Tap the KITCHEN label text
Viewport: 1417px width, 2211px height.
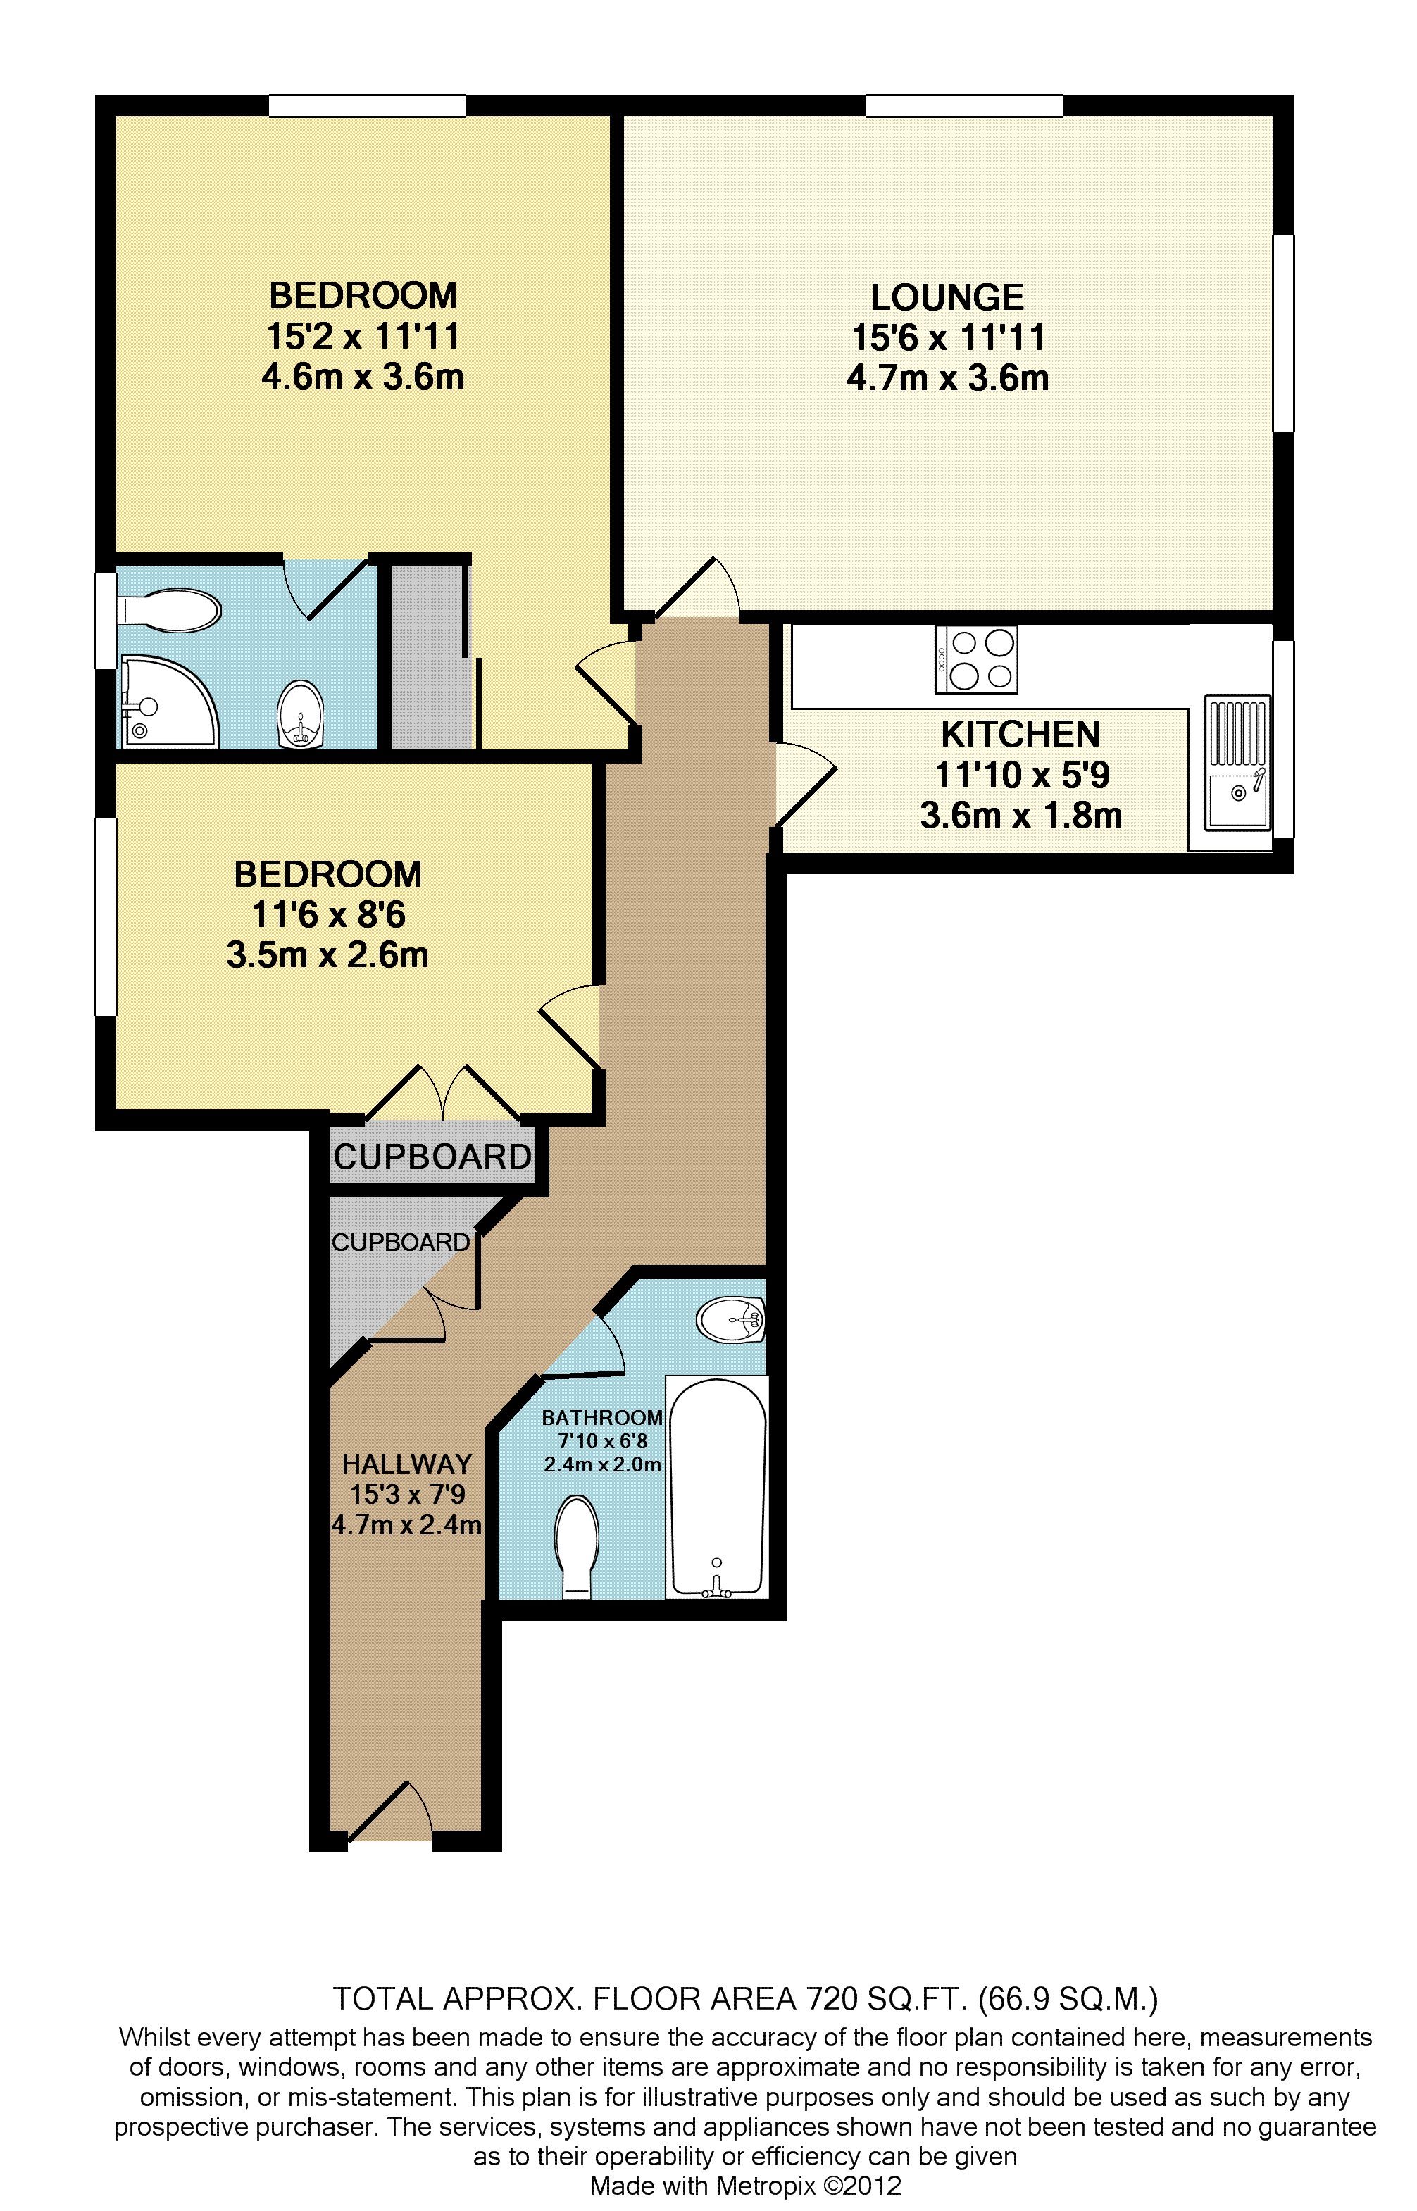1020,734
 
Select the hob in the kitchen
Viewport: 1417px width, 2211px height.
976,659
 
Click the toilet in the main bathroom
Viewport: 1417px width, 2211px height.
577,1546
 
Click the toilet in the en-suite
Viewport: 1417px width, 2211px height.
171,610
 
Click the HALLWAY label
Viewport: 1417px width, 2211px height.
406,1463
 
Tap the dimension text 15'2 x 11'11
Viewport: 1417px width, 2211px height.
363,337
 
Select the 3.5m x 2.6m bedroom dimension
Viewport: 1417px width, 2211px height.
327,955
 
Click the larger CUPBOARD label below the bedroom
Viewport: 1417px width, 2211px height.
432,1157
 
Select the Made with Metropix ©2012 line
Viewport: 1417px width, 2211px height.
744,2185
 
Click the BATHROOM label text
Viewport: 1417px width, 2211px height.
601,1418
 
